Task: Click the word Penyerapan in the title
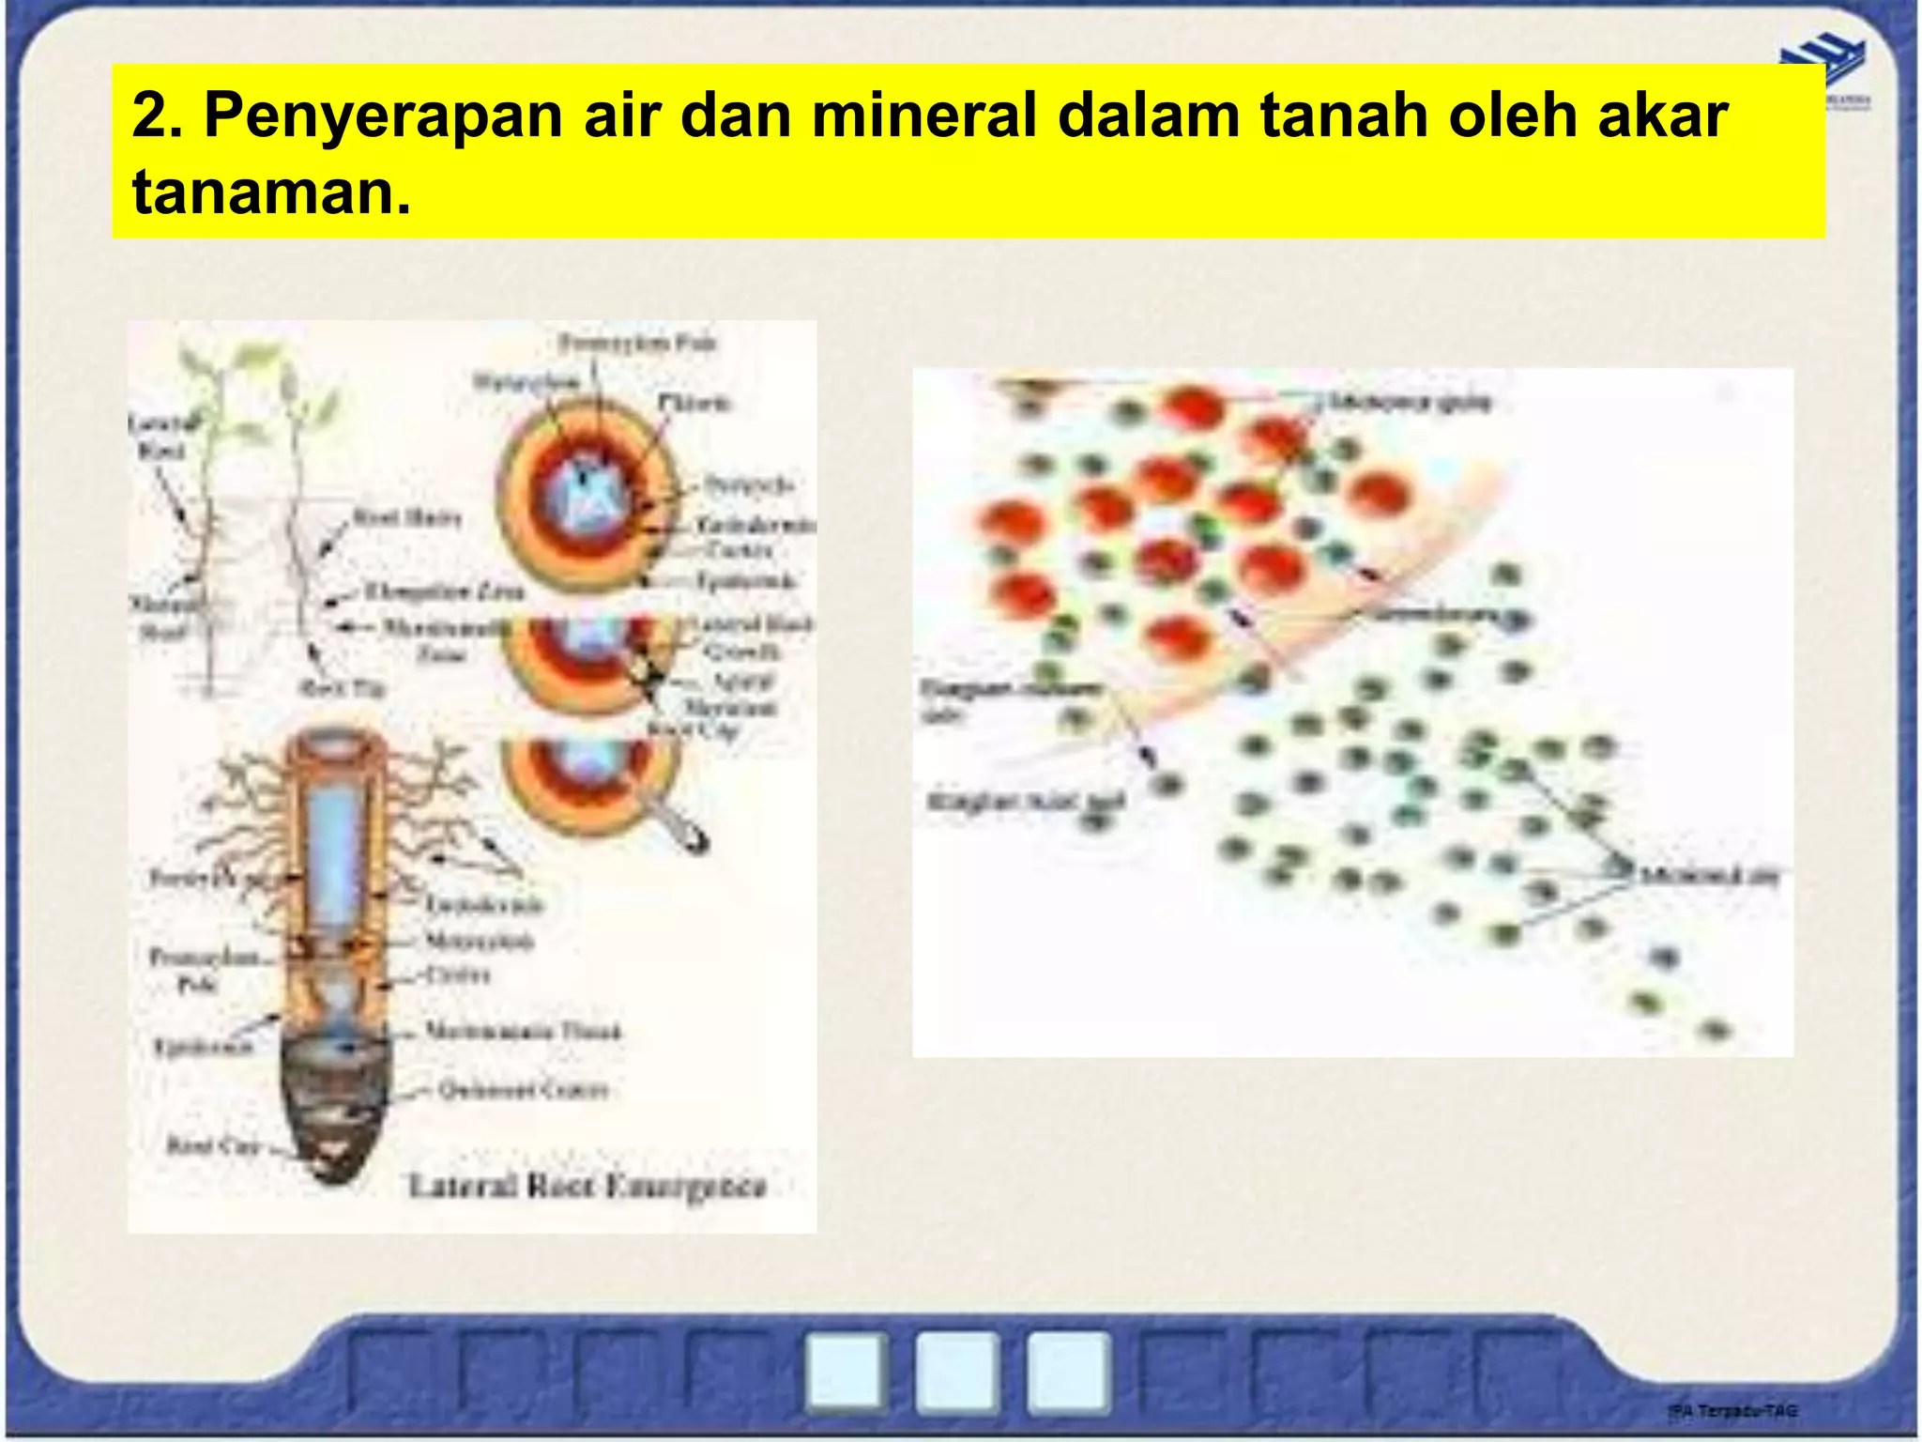[383, 115]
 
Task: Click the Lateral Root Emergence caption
[587, 1186]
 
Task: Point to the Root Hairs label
[406, 517]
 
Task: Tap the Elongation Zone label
[443, 591]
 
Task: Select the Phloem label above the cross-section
[694, 403]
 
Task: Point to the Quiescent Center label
[524, 1090]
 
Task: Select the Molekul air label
[1708, 876]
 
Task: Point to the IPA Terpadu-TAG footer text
[1732, 1410]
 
